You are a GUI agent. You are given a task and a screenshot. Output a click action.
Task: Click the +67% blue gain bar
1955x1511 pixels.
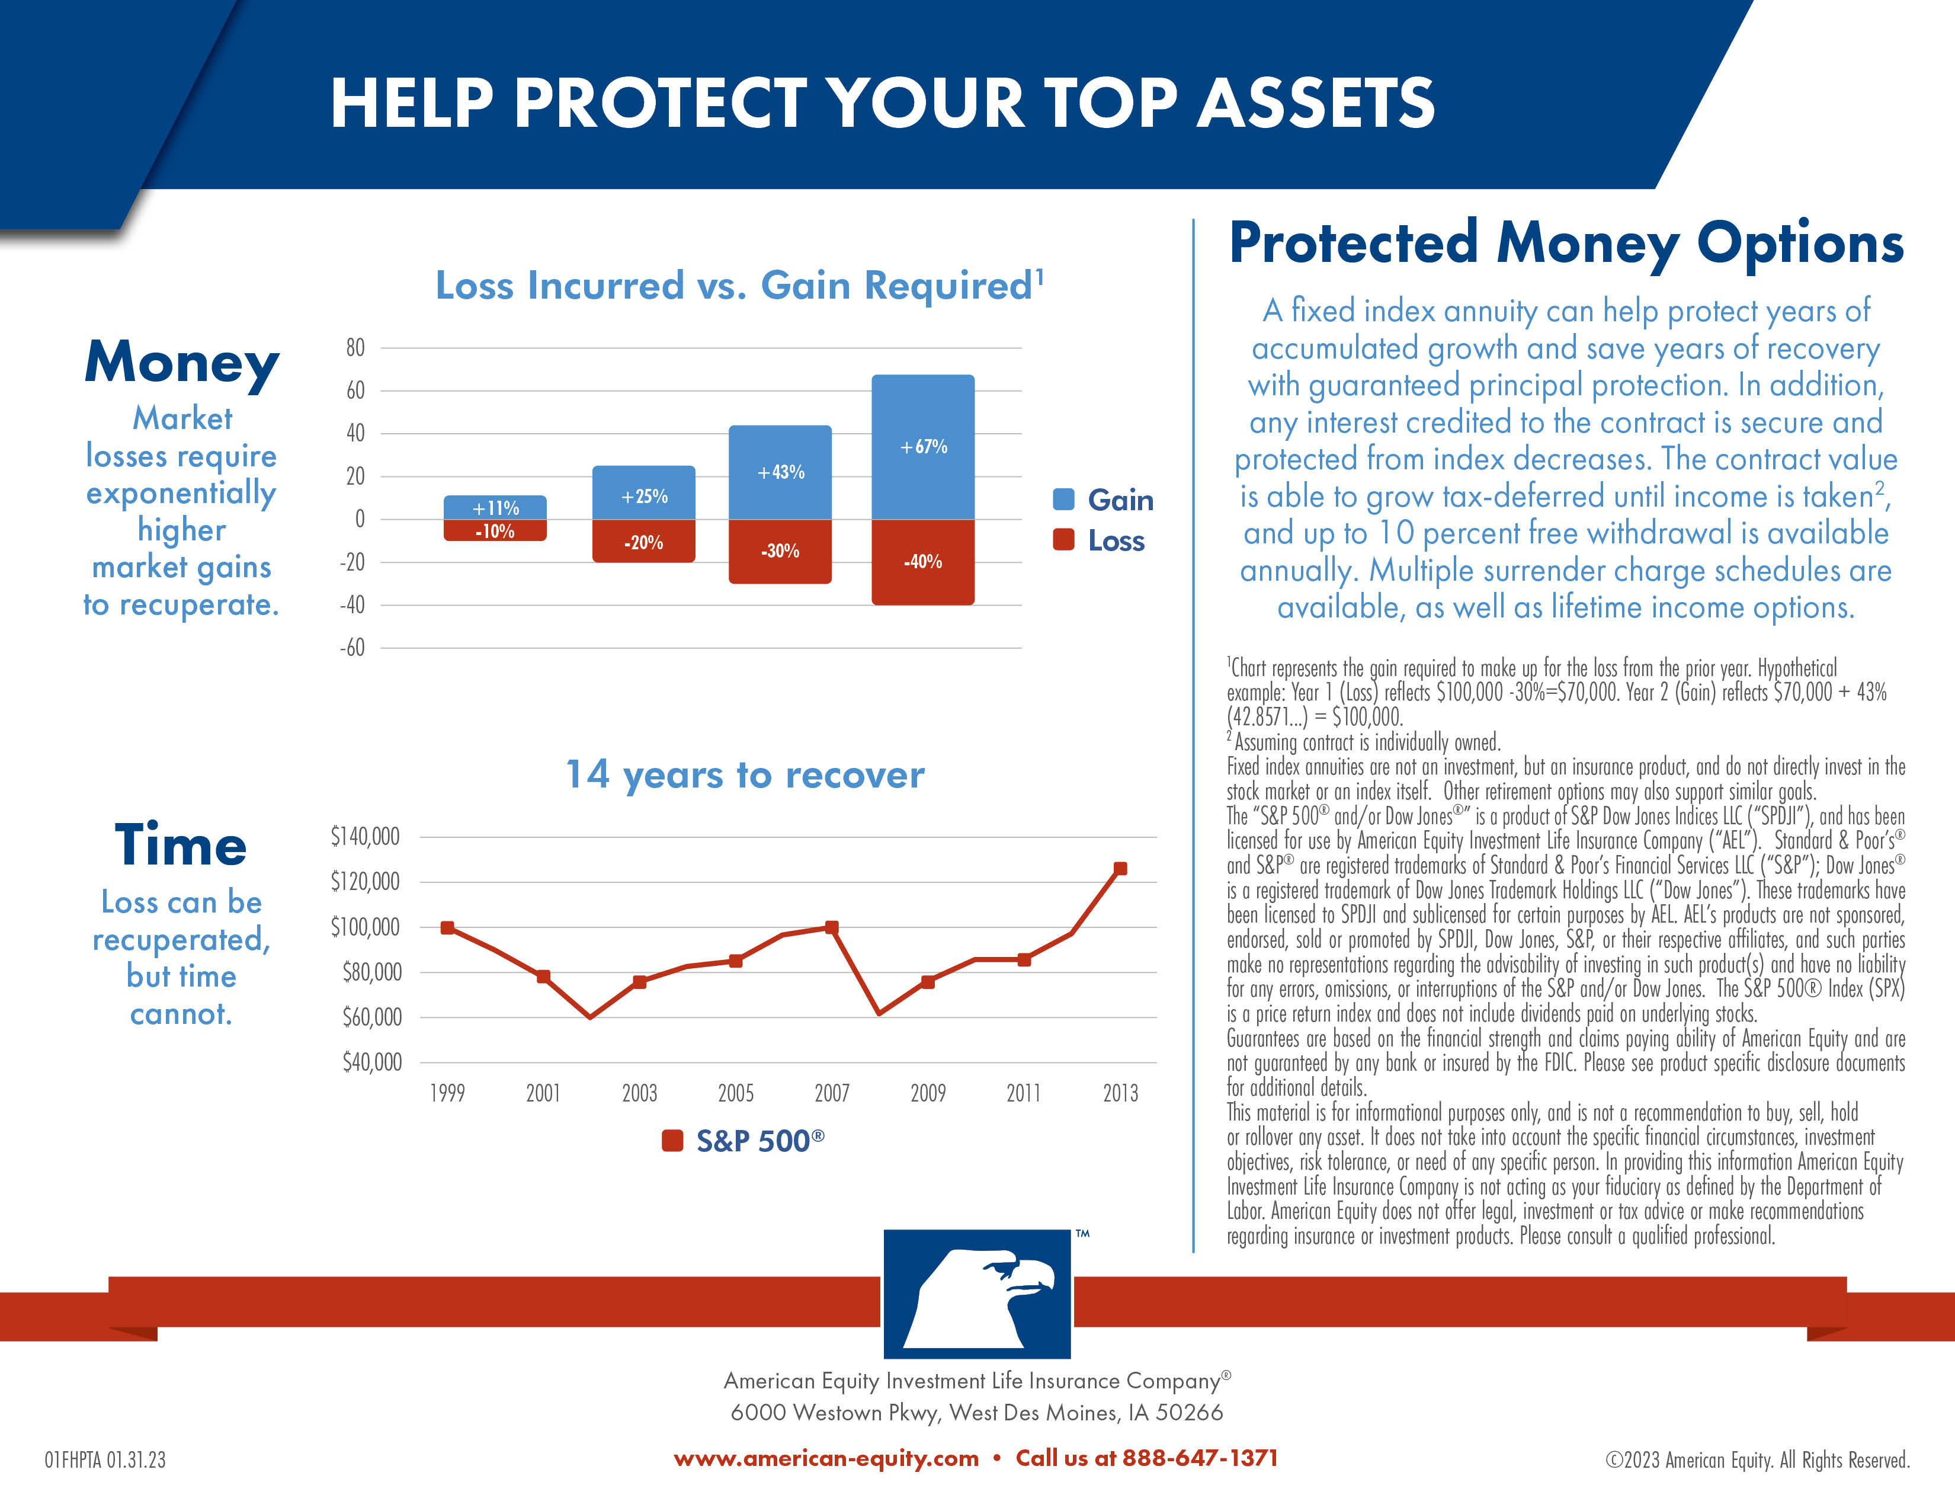tap(923, 447)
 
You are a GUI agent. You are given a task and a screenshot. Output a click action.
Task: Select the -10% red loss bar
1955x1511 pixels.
tap(495, 531)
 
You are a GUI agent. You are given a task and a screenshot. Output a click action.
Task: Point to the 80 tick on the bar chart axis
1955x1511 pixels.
tap(355, 347)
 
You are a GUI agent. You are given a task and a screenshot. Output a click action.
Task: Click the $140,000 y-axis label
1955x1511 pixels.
tap(365, 836)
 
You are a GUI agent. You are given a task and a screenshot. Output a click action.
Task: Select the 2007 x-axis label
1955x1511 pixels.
tap(832, 1093)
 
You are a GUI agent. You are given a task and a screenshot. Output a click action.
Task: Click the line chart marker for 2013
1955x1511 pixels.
tap(1120, 868)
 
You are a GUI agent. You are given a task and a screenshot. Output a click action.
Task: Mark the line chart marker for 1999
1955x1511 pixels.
tap(447, 927)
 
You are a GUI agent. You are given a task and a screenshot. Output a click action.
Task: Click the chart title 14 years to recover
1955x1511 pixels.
tap(745, 774)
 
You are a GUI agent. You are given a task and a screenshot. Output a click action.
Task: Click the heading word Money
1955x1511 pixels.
tap(182, 363)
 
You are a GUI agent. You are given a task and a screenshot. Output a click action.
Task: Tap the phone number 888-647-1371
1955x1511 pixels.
tap(1200, 1458)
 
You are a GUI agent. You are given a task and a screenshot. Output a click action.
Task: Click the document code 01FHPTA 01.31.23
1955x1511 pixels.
tap(105, 1460)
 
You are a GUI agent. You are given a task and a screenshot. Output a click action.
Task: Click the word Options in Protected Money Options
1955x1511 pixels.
tap(1799, 244)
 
